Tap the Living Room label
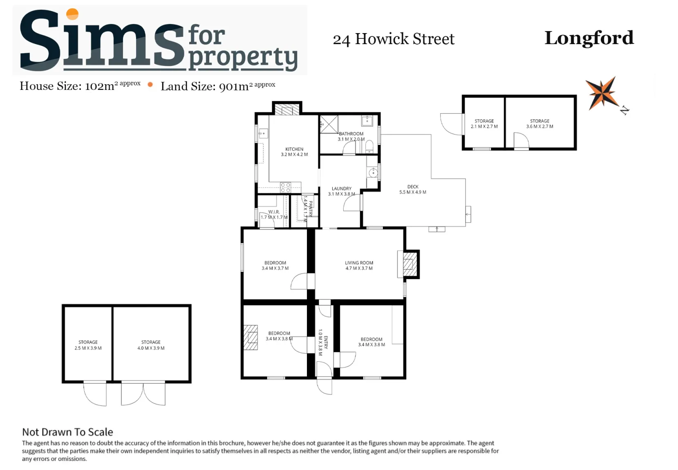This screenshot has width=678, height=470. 359,265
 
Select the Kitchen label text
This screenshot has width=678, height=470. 294,152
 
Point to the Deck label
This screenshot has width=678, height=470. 412,190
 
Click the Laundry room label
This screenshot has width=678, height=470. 341,191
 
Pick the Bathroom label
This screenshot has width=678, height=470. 351,136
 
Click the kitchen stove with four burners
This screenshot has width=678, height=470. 285,187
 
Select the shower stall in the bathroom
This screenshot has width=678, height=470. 329,124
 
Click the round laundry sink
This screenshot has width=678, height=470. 373,173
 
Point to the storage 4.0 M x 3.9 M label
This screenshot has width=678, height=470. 151,345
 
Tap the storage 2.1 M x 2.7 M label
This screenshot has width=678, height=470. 484,123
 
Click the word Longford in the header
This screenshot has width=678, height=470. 589,38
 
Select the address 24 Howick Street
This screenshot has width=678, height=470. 394,39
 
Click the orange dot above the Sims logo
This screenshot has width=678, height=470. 72,14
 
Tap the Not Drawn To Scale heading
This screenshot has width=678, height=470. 67,432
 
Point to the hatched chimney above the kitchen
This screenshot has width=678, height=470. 287,109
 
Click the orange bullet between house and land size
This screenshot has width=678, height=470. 150,85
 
